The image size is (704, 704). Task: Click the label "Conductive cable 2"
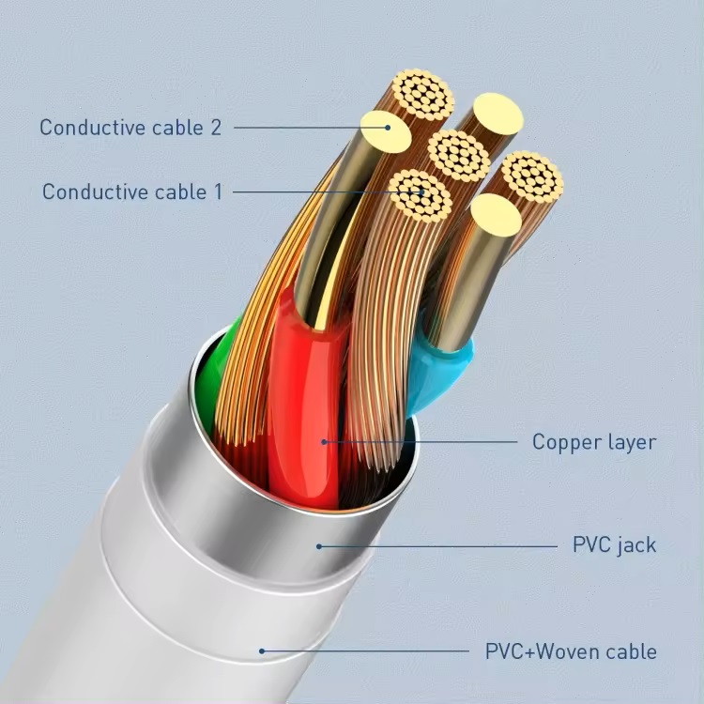pyautogui.click(x=130, y=128)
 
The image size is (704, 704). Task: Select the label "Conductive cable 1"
pyautogui.click(x=132, y=191)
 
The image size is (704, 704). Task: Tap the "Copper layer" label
pyautogui.click(x=594, y=443)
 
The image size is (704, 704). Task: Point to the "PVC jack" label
pyautogui.click(x=614, y=545)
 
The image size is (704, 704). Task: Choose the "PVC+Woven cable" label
pyautogui.click(x=571, y=651)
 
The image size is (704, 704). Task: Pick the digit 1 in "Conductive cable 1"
pyautogui.click(x=218, y=191)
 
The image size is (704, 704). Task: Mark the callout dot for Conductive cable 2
pyautogui.click(x=388, y=128)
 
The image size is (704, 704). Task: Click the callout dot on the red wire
pyautogui.click(x=324, y=442)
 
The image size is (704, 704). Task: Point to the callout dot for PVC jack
pyautogui.click(x=319, y=546)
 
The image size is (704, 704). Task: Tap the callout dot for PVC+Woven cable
pyautogui.click(x=262, y=651)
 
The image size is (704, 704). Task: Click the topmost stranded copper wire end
pyautogui.click(x=422, y=94)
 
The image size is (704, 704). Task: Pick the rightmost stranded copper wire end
pyautogui.click(x=532, y=176)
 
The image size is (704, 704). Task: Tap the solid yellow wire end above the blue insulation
pyautogui.click(x=497, y=216)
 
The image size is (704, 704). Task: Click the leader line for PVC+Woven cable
pyautogui.click(x=365, y=651)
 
